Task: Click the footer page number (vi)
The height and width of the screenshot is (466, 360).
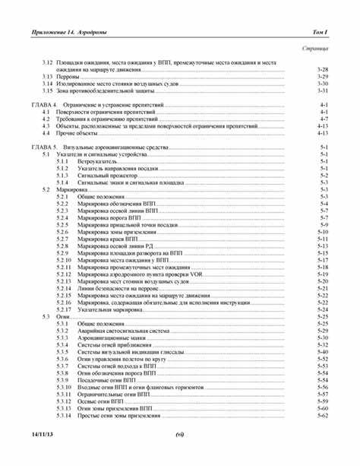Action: (180, 433)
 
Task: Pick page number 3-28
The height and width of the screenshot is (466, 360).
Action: (322, 70)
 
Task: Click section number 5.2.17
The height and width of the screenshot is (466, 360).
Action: (65, 309)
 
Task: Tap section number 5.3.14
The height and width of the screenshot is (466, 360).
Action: (65, 416)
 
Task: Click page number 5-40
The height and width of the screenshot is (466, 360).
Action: (322, 352)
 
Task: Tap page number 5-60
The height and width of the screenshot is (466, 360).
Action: (322, 409)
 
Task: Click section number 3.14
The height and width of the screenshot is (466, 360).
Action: (47, 84)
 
